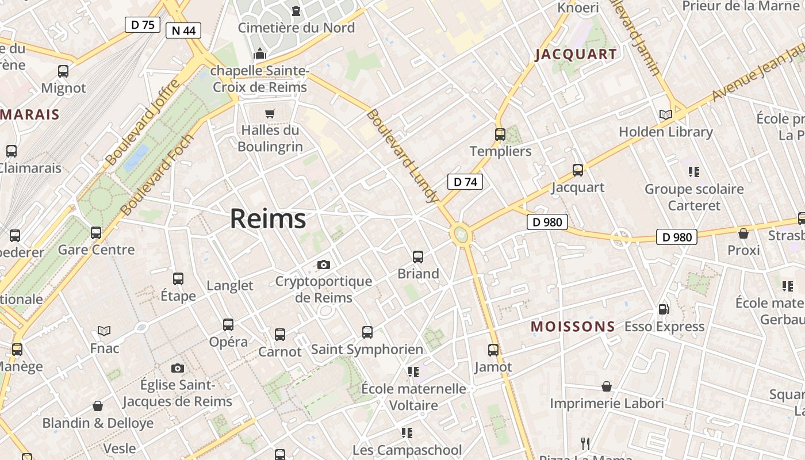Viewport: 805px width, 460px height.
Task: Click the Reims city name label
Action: [268, 219]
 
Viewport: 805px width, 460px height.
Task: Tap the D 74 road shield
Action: [465, 182]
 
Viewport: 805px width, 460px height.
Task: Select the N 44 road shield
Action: [183, 30]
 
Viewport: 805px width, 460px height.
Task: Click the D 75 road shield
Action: [142, 25]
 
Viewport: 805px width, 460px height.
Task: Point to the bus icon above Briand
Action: [418, 257]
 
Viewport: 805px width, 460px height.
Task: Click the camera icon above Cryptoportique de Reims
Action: [324, 264]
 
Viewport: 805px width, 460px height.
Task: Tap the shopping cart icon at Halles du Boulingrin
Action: [270, 113]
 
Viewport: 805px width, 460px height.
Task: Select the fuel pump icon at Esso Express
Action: [664, 309]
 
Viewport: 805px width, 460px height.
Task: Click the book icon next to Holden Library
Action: [665, 115]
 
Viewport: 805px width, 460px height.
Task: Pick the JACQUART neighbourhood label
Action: [576, 55]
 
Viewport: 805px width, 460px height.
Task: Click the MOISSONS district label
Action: [572, 327]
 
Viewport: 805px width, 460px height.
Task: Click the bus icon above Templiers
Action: [500, 135]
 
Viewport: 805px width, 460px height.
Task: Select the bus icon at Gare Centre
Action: [96, 233]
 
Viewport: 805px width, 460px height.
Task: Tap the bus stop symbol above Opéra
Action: [228, 325]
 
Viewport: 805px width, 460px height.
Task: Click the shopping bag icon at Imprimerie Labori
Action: [607, 386]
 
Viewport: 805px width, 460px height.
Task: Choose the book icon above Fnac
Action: [104, 331]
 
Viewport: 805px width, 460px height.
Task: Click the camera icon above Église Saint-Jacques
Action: [178, 368]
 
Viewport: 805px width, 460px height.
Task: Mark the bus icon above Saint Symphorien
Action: [367, 332]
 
